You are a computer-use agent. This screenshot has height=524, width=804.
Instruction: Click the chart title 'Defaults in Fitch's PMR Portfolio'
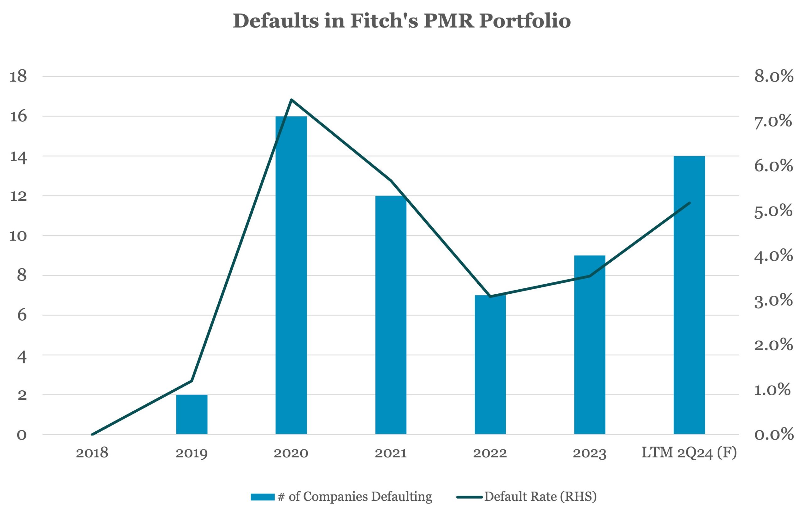coord(402,21)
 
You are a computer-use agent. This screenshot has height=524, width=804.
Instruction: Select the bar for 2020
coord(291,275)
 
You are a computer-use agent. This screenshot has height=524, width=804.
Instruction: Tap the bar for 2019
coord(192,415)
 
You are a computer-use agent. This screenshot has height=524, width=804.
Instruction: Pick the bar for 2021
coord(391,315)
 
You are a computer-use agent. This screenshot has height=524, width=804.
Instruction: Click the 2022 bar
coord(490,365)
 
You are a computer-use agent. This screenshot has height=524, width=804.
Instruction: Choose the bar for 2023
coord(590,345)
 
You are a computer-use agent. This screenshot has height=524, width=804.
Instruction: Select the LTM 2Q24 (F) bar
coord(689,295)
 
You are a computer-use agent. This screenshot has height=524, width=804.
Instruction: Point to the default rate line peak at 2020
coord(291,99)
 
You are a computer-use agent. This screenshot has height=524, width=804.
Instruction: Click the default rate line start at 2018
coord(92,434)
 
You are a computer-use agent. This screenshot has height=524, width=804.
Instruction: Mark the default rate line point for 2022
coord(490,297)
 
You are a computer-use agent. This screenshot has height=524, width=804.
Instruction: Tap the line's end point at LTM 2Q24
coord(689,203)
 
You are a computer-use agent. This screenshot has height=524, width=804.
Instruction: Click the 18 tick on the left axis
coord(18,77)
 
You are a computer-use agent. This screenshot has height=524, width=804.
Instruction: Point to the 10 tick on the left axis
coord(18,236)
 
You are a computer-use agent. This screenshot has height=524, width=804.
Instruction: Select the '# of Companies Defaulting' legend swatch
coord(263,497)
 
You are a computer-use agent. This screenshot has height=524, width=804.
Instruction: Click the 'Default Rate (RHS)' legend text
coord(541,497)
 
